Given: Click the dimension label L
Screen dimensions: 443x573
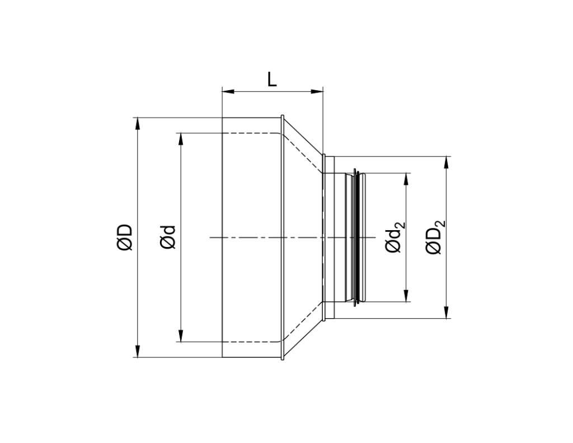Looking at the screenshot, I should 272,80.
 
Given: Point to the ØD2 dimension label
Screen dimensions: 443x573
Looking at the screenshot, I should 435,237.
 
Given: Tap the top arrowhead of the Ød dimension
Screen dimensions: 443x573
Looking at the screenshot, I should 180,138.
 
